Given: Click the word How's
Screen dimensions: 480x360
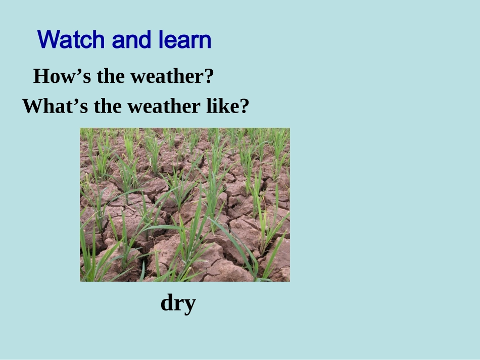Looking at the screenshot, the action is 62,76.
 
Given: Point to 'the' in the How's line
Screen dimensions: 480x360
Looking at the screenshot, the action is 111,76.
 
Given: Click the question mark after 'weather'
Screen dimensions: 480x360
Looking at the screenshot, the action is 208,76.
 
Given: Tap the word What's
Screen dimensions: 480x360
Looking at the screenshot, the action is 55,106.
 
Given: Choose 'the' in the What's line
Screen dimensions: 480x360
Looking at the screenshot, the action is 108,106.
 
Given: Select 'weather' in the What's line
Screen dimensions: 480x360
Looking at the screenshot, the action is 164,107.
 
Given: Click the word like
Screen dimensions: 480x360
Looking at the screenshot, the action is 221,106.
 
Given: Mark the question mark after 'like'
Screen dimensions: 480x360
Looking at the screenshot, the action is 244,106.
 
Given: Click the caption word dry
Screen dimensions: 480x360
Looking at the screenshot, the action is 178,303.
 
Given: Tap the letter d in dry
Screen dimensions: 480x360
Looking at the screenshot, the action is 167,302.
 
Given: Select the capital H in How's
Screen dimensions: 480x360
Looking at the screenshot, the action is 41,76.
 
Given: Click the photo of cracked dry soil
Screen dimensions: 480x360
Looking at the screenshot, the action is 185,204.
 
